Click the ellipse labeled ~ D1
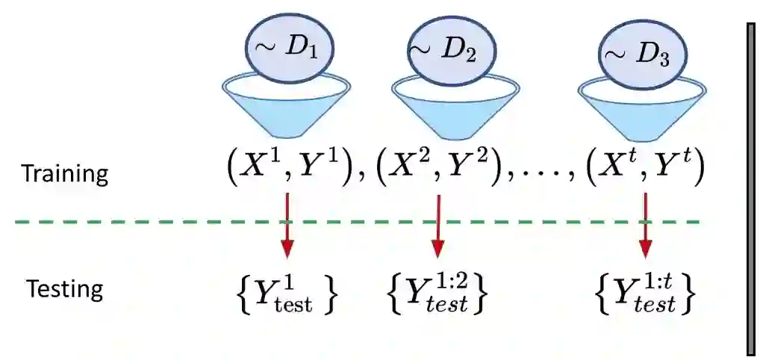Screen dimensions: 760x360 pos(289,48)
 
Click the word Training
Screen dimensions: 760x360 pos(65,174)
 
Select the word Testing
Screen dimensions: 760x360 pos(65,288)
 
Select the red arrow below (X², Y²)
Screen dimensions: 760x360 pos(438,228)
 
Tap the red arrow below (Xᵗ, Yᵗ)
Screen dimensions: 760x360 pos(644,228)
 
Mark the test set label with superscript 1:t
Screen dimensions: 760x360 pos(647,294)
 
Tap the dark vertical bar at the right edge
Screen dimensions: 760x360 pos(753,187)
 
